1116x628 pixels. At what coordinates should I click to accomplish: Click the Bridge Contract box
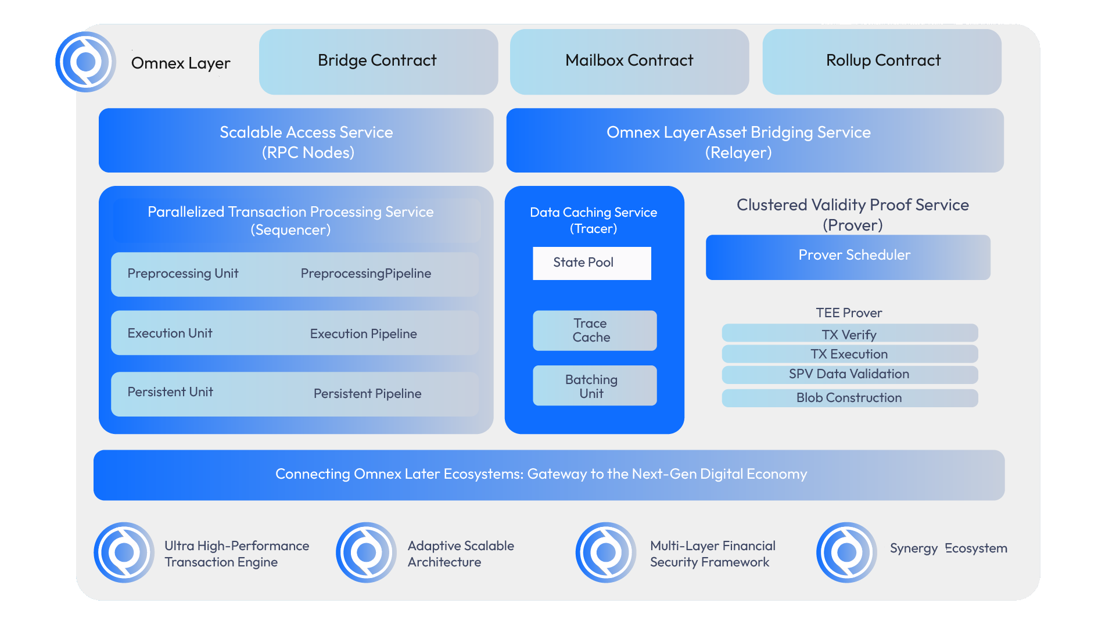pyautogui.click(x=378, y=62)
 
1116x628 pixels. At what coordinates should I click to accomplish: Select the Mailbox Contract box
pyautogui.click(x=629, y=62)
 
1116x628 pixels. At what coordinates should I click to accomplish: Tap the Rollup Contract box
pyautogui.click(x=882, y=62)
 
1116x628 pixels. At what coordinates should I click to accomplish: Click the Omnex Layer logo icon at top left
pyautogui.click(x=86, y=62)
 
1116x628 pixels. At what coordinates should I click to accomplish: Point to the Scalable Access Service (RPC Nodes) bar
pyautogui.click(x=296, y=141)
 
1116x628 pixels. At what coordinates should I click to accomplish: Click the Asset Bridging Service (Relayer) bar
pyautogui.click(x=755, y=141)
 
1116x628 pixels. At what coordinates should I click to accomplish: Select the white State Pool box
pyautogui.click(x=591, y=263)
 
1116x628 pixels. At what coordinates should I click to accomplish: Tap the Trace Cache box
pyautogui.click(x=594, y=331)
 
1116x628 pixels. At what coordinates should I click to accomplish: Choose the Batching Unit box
pyautogui.click(x=594, y=386)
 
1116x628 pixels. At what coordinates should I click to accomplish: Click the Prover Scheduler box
pyautogui.click(x=848, y=257)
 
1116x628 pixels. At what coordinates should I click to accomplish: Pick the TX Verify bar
pyautogui.click(x=849, y=334)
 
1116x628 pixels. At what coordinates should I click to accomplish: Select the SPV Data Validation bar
pyautogui.click(x=849, y=374)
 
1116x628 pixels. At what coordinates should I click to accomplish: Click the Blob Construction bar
pyautogui.click(x=849, y=398)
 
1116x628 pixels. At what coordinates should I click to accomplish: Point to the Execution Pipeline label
pyautogui.click(x=363, y=334)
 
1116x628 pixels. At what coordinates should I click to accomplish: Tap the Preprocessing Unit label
pyautogui.click(x=182, y=274)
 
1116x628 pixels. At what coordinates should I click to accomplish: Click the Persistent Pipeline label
pyautogui.click(x=367, y=394)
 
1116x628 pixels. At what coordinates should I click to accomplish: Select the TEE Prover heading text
pyautogui.click(x=849, y=313)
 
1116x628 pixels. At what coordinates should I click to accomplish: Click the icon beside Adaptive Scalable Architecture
pyautogui.click(x=366, y=552)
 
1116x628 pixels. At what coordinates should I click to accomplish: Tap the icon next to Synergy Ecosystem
pyautogui.click(x=846, y=552)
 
